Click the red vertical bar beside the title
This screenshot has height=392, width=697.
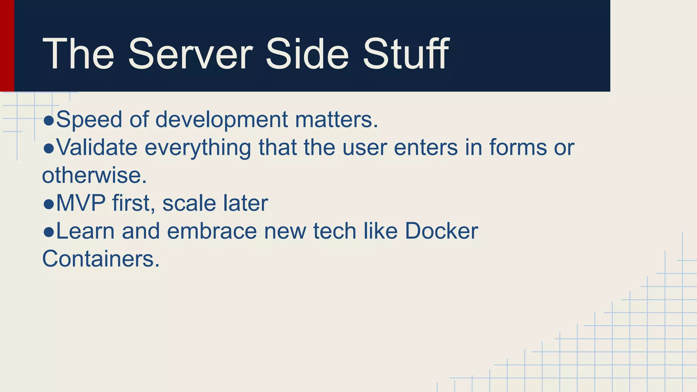(x=7, y=46)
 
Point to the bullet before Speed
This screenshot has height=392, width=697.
(x=49, y=120)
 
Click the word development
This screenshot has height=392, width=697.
(x=222, y=120)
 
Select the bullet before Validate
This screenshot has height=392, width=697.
(x=49, y=148)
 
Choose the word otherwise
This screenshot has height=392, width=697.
(x=94, y=176)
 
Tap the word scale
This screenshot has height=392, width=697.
(x=189, y=203)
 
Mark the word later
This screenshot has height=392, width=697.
(x=245, y=203)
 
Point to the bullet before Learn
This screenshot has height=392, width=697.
(x=49, y=232)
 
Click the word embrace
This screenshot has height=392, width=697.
(x=212, y=231)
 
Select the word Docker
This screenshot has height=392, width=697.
(x=441, y=231)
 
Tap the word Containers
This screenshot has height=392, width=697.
(x=101, y=259)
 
